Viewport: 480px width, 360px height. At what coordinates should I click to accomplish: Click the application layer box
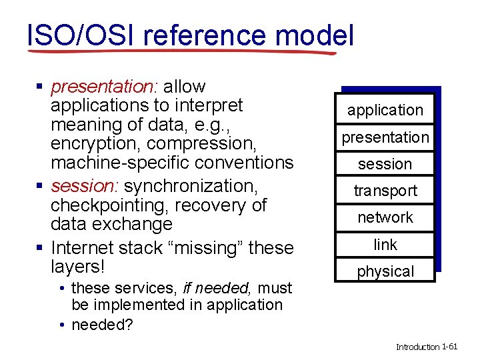click(385, 110)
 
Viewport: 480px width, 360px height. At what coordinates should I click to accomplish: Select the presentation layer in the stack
click(385, 137)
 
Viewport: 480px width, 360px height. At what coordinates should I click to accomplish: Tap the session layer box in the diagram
click(385, 164)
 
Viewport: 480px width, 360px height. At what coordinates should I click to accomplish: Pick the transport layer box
click(385, 191)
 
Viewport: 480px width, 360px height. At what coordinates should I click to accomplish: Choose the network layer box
click(385, 217)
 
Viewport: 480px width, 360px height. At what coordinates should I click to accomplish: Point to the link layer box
click(385, 245)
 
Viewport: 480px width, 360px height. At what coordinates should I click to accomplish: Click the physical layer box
click(385, 271)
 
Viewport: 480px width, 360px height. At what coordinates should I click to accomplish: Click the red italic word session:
click(85, 184)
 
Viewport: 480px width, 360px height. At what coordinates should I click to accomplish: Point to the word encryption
click(95, 143)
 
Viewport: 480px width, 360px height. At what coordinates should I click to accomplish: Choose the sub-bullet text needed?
click(102, 325)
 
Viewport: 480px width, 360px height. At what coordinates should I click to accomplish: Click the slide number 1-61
click(450, 347)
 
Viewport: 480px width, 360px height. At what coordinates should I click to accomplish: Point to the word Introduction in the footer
click(417, 347)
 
